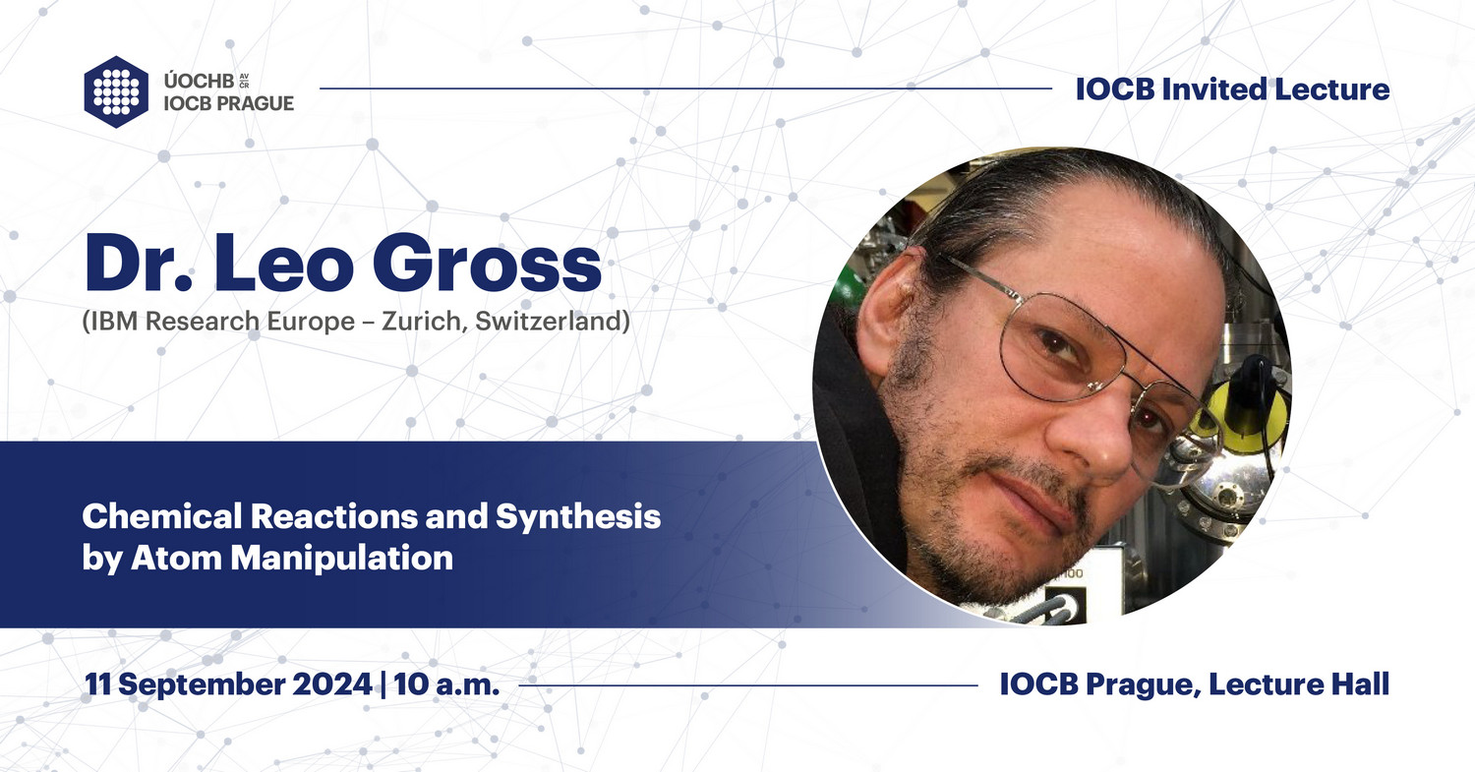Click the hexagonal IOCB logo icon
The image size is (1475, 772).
click(x=116, y=91)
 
